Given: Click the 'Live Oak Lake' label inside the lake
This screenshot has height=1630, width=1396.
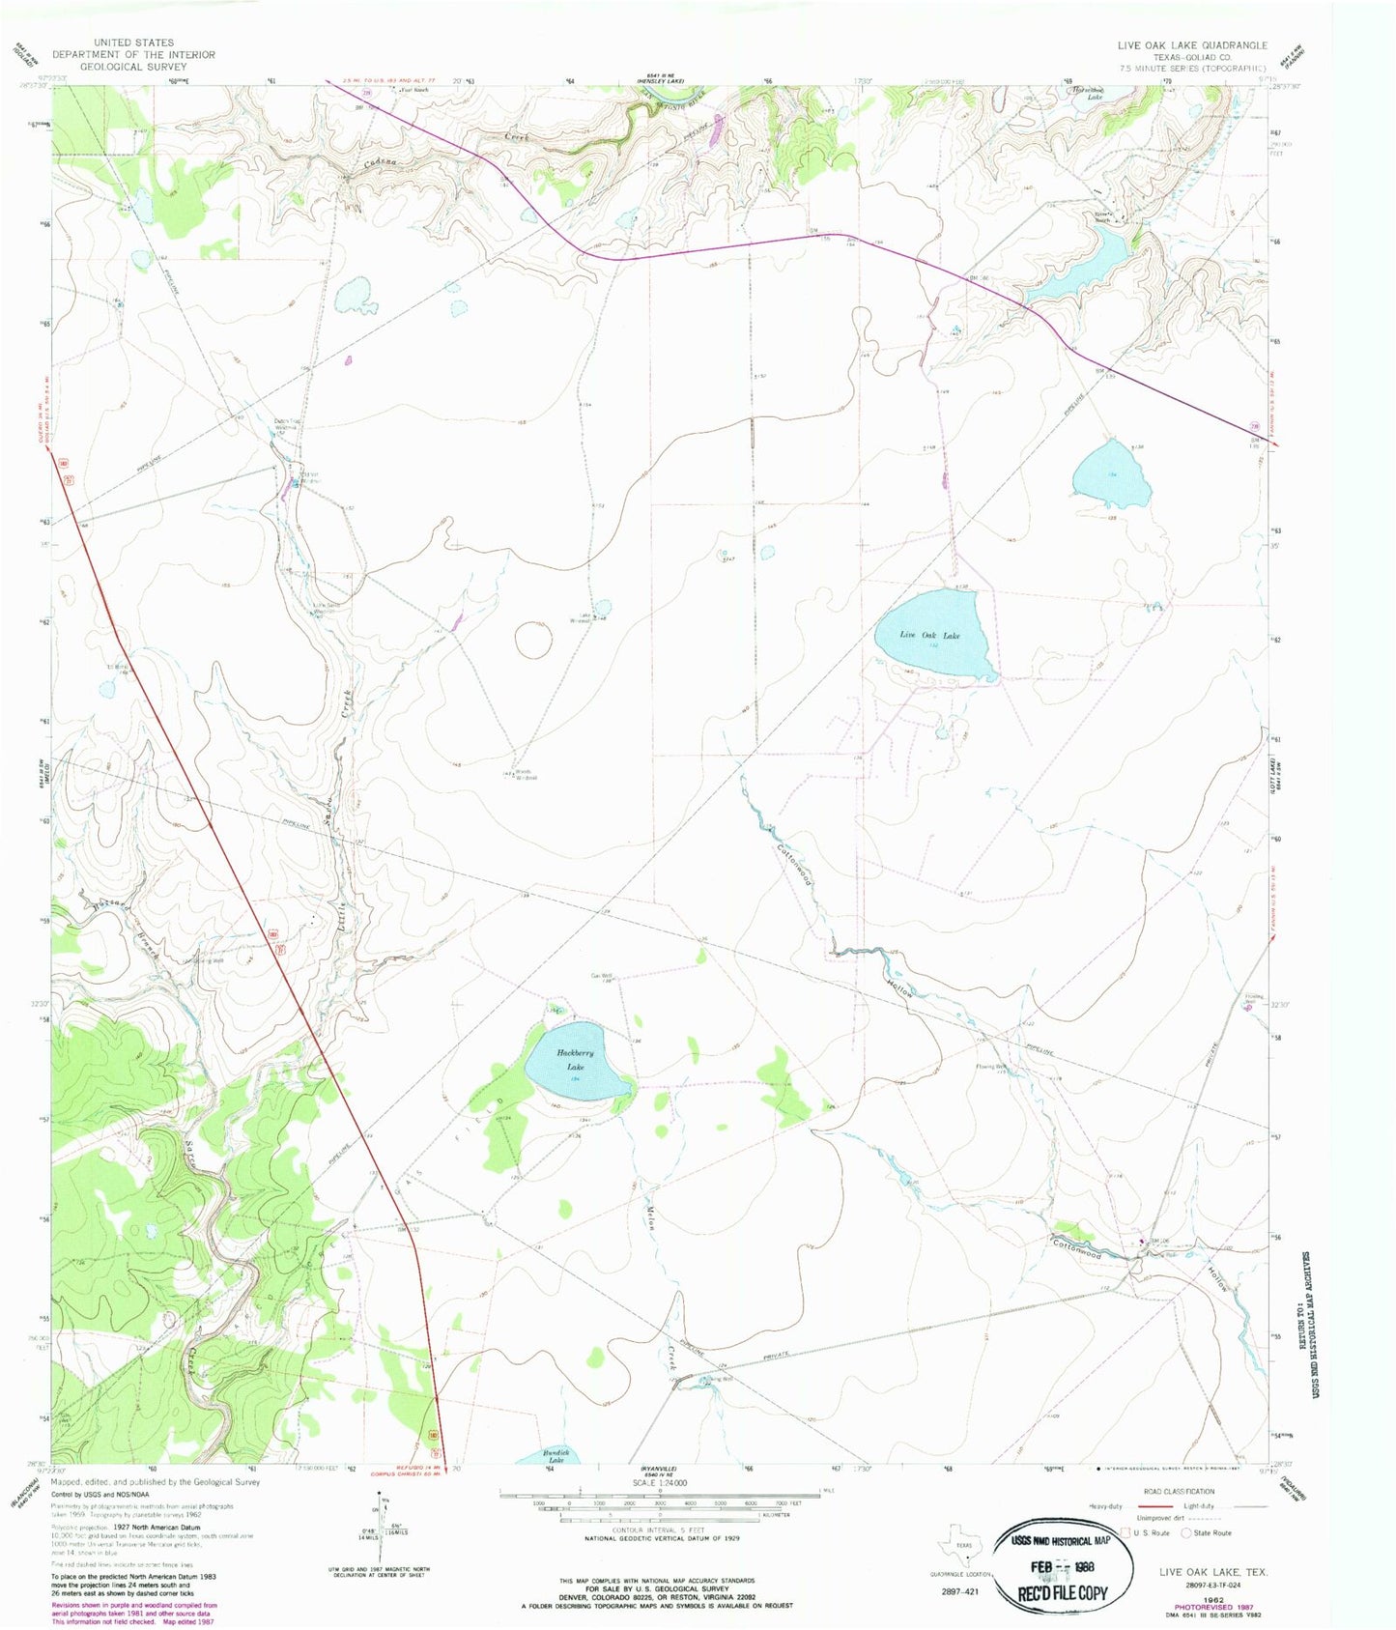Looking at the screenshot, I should pyautogui.click(x=930, y=635).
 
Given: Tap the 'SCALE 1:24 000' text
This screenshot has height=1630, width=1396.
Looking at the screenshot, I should pyautogui.click(x=660, y=1482).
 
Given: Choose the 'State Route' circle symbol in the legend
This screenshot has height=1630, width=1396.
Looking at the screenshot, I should pyautogui.click(x=1187, y=1532).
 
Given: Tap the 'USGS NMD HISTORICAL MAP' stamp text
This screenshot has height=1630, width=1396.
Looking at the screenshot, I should pyautogui.click(x=1061, y=1542).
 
